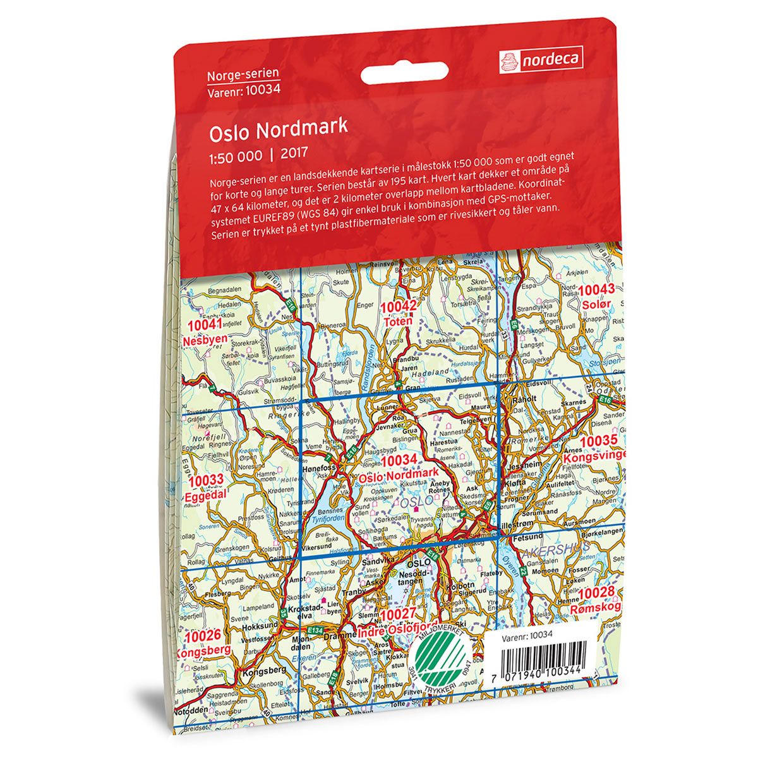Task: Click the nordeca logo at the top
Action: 541,59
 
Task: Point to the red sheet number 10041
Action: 206,326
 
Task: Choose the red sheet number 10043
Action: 596,290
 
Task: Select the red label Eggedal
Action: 206,497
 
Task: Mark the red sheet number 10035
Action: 599,440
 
